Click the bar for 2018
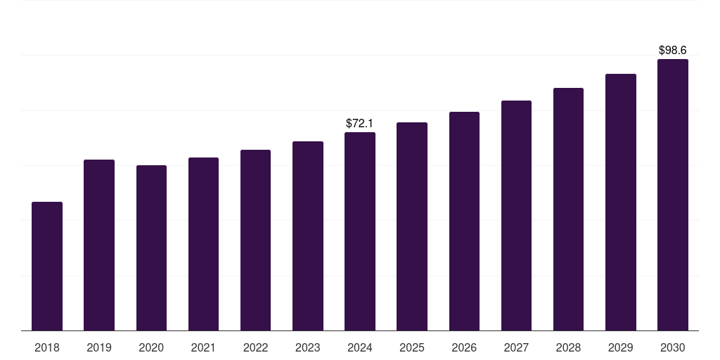(47, 266)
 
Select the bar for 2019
(99, 245)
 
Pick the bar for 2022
(255, 240)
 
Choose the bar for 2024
(360, 231)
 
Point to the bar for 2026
(464, 221)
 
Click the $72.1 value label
(360, 124)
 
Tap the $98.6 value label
(673, 51)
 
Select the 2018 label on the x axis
(47, 348)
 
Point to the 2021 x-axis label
(203, 348)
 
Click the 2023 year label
(308, 348)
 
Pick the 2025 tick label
(412, 348)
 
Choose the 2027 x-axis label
(516, 348)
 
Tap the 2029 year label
(621, 348)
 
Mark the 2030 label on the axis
(673, 348)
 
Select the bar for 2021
(203, 244)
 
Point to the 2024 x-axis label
(360, 348)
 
